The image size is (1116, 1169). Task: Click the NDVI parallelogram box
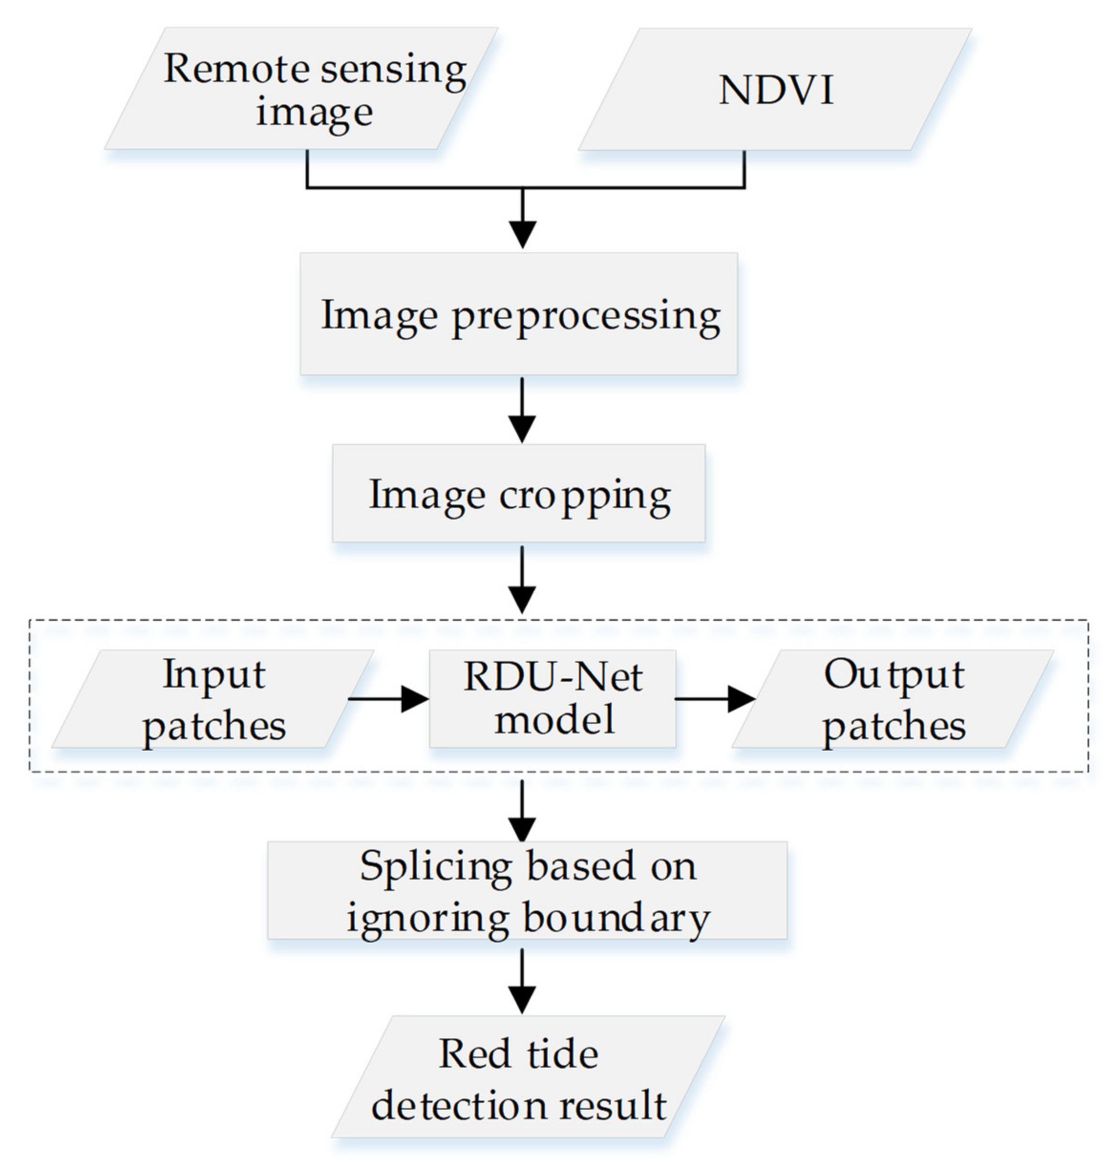[775, 89]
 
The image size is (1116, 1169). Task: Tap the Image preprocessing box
[518, 314]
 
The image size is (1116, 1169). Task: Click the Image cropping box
[518, 494]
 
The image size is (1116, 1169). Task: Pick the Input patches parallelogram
[213, 699]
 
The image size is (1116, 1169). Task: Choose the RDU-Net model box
[553, 699]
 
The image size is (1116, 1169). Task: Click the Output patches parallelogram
[893, 699]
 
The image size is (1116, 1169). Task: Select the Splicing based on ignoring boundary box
[527, 891]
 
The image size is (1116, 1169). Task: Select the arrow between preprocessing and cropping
[522, 411]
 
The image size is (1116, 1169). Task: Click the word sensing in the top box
[393, 70]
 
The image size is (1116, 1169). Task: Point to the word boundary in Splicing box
[616, 918]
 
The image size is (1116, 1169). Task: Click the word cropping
[585, 496]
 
